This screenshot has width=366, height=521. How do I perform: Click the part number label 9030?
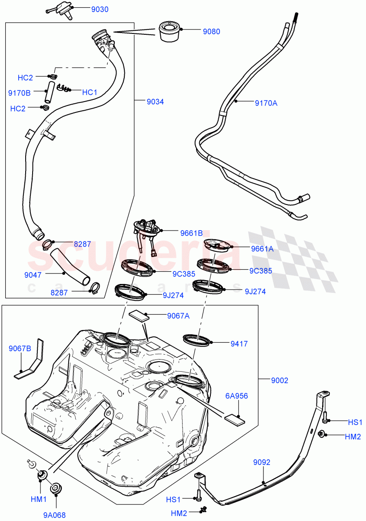point(100,9)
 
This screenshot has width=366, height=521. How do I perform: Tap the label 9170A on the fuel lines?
point(266,103)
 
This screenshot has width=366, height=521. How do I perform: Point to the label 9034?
point(155,102)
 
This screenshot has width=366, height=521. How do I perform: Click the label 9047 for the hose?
point(33,274)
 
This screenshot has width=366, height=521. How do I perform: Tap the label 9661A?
point(262,249)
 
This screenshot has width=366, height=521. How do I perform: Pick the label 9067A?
point(178,316)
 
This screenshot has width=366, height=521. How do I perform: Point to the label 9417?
point(239,344)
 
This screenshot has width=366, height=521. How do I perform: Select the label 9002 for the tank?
point(280,380)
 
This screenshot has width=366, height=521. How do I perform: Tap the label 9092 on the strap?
point(262,462)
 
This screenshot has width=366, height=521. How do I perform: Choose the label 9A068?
point(54,515)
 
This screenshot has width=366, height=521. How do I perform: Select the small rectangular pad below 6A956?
point(235,419)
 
